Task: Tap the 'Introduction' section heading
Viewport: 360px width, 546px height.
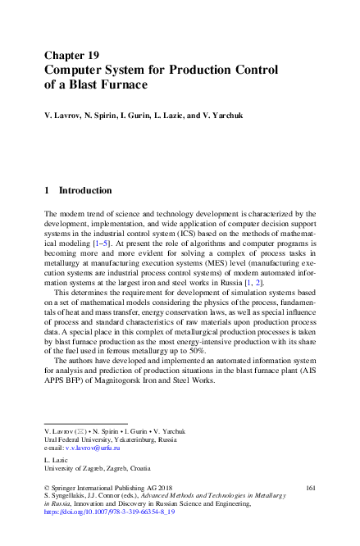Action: point(85,189)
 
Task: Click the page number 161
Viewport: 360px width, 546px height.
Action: point(310,487)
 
